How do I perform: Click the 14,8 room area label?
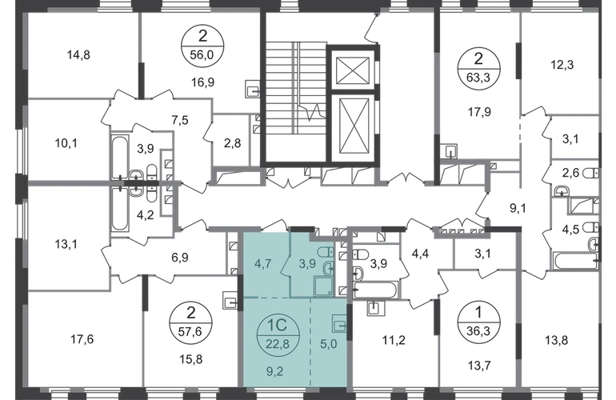(78, 54)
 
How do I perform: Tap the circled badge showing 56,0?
(202, 46)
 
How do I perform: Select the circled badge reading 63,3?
(478, 68)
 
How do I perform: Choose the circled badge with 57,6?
(190, 322)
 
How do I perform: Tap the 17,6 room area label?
(82, 338)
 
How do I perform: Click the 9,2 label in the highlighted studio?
(275, 371)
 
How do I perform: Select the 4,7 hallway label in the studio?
(262, 263)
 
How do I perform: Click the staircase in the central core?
(296, 102)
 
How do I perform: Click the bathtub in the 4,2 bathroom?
(120, 210)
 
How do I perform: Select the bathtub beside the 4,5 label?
(577, 262)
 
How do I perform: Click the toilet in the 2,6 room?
(591, 173)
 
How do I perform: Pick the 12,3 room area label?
(562, 65)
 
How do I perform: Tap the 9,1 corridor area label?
(518, 208)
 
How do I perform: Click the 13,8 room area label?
(557, 339)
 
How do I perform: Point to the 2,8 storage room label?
(232, 142)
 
